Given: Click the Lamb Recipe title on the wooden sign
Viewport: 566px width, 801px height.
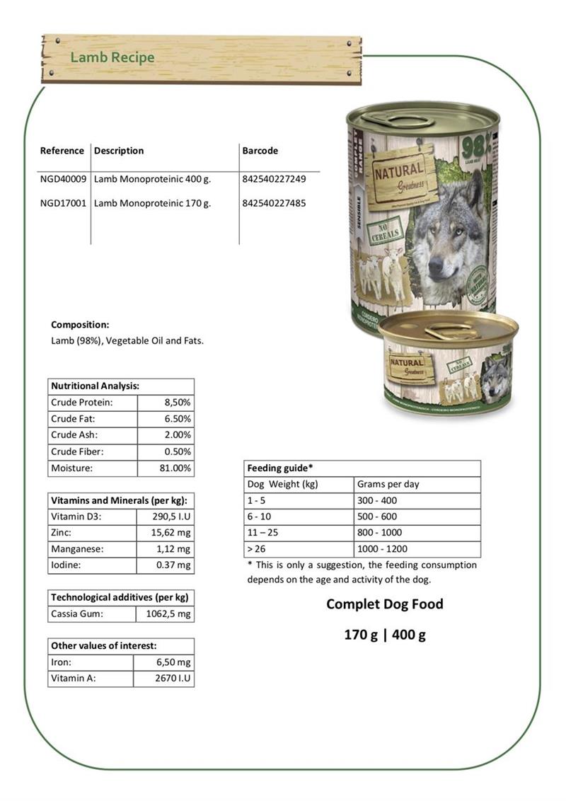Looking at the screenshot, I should coord(112,57).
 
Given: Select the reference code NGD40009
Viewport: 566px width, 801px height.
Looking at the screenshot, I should coord(63,179).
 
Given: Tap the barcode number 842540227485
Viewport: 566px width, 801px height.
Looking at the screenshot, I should coord(274,203).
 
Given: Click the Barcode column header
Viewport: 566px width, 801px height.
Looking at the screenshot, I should coord(260,151).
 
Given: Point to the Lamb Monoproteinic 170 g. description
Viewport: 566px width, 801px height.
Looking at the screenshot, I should coord(152,203).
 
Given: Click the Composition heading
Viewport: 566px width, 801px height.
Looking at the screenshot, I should coord(80,325).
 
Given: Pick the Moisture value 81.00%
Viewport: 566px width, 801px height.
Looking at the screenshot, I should coord(175,468).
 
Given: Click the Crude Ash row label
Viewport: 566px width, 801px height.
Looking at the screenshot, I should coord(74,435).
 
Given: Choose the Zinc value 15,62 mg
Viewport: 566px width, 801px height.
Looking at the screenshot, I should coord(173,533).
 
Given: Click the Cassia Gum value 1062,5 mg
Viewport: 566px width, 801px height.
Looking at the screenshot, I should coord(168,614).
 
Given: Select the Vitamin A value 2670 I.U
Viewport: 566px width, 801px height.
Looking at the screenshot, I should coord(173,679).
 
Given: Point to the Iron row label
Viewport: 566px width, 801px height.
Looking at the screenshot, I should coord(61,662).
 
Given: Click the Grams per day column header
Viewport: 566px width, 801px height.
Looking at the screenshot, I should coord(388,485).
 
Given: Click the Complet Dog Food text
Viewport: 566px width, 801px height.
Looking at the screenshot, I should coord(384,604).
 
